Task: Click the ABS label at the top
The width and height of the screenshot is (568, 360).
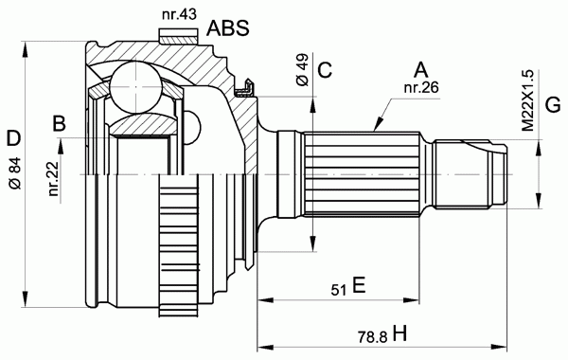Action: (228, 27)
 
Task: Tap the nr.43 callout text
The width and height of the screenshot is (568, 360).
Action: (179, 14)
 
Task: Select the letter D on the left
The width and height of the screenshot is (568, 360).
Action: (14, 139)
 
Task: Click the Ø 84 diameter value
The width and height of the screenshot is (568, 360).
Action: (15, 173)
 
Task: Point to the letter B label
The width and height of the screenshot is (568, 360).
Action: (60, 123)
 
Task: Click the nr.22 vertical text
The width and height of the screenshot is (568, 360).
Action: (54, 179)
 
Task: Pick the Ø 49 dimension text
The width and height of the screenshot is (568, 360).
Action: (302, 70)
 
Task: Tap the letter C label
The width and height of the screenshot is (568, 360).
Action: (325, 70)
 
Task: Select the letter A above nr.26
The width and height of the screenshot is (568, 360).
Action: (420, 69)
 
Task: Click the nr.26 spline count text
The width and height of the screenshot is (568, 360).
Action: (421, 87)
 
